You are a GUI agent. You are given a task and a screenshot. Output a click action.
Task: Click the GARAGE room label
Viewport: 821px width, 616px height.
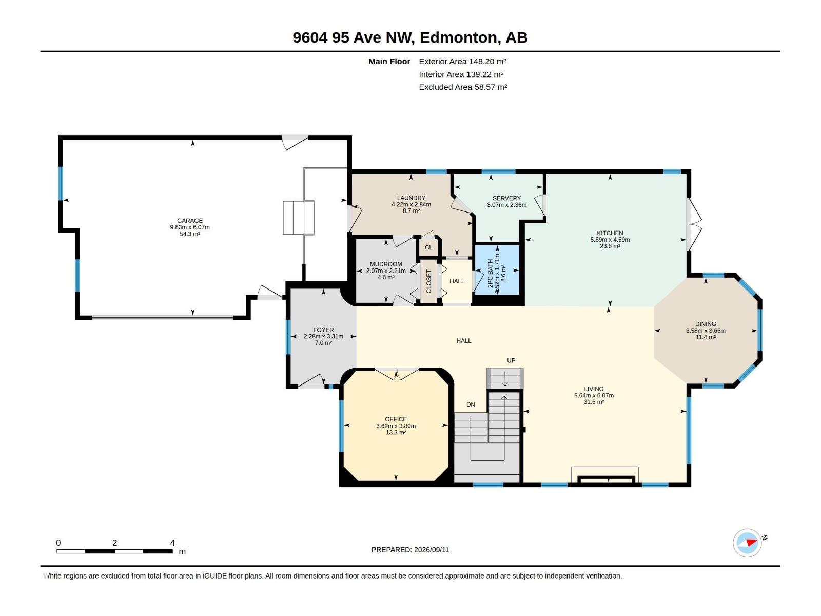point(190,221)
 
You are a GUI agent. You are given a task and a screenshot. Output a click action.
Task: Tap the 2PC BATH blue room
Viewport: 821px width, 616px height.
point(497,269)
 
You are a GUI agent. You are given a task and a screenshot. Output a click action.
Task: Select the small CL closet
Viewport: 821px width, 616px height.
point(428,247)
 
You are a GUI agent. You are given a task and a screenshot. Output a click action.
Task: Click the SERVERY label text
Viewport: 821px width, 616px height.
point(506,198)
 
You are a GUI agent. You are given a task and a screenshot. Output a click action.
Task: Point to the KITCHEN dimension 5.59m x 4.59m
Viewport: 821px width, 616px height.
point(610,240)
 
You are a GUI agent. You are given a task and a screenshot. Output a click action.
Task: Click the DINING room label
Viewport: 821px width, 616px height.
point(706,324)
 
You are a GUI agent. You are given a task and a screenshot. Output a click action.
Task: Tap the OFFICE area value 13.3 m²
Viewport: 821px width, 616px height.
point(396,432)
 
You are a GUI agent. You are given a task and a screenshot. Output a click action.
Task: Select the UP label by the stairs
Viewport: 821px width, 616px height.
point(511,360)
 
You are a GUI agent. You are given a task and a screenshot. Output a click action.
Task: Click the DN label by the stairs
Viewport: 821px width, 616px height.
point(471,405)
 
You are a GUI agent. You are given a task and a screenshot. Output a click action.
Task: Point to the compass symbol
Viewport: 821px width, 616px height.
point(747,543)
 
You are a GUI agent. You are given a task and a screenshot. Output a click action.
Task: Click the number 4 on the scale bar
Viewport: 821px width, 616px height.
point(172,542)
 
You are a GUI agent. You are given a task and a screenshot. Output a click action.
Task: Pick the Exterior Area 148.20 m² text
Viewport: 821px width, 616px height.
point(462,61)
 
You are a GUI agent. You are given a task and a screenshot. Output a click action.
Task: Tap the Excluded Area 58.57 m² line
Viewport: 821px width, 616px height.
point(463,87)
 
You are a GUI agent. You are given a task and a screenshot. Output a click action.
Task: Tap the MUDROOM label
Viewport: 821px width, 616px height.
point(386,264)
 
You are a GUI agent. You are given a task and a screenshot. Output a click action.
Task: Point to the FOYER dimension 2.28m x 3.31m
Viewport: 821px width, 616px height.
point(323,336)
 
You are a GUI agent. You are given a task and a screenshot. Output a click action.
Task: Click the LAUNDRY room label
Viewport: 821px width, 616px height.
point(411,198)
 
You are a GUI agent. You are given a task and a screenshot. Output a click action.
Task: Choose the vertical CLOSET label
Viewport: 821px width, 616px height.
point(428,281)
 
